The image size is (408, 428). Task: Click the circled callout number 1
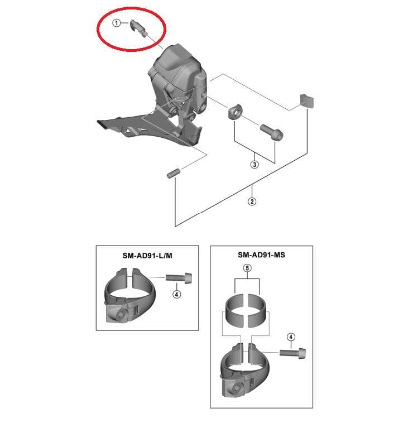pos(117,23)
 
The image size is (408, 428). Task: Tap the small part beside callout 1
pos(138,28)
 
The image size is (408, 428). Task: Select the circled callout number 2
pos(252,201)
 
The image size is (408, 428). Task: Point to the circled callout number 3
pos(255,165)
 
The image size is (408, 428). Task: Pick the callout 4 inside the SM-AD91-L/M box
pos(176,294)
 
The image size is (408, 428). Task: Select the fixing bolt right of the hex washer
pos(272,131)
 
